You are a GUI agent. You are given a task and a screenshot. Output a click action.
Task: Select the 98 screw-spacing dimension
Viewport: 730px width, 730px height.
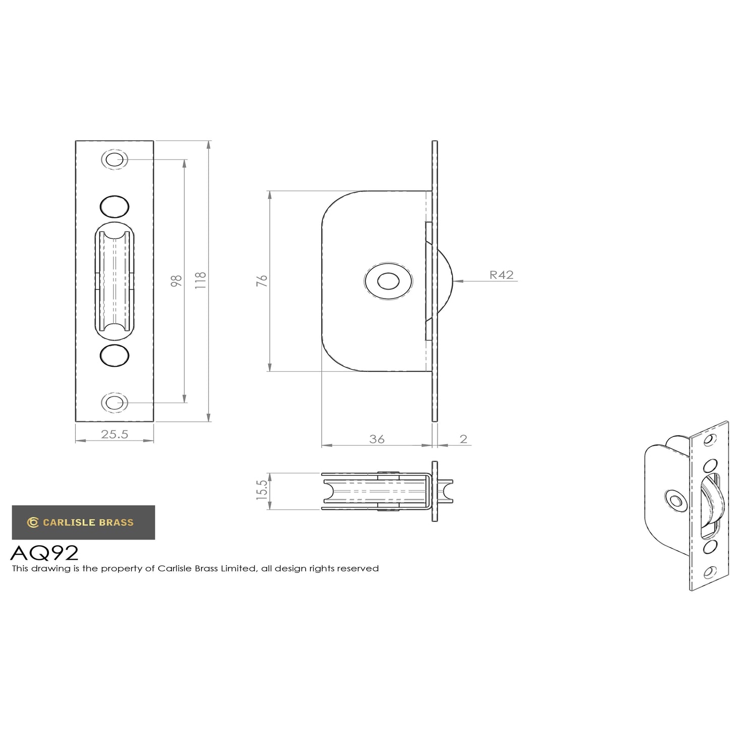click(176, 281)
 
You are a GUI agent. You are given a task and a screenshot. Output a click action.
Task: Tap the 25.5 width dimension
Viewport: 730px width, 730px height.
click(115, 434)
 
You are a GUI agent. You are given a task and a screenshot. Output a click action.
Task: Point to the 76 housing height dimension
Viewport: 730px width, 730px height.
click(262, 281)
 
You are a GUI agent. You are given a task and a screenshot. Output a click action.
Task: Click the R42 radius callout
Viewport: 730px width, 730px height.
click(501, 275)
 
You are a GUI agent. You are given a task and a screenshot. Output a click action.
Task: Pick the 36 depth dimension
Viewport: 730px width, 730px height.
click(377, 439)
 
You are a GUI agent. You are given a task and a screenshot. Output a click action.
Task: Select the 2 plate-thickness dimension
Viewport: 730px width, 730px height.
click(463, 439)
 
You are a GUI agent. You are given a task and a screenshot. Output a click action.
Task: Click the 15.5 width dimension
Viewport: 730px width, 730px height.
click(262, 491)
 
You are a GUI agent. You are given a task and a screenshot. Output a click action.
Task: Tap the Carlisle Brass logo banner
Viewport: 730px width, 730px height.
click(83, 522)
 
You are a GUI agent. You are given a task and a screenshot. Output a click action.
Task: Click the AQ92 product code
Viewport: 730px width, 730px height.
click(44, 553)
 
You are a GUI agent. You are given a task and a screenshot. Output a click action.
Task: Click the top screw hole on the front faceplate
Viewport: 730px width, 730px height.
click(115, 160)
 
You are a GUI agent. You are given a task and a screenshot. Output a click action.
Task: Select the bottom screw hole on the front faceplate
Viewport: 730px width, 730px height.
click(115, 403)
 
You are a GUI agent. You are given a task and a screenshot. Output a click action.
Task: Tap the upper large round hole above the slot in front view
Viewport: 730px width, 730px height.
click(115, 206)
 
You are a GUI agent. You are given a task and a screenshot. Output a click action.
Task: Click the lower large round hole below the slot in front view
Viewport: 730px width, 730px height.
click(115, 355)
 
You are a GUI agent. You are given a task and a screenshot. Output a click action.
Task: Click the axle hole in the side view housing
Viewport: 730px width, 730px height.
click(388, 281)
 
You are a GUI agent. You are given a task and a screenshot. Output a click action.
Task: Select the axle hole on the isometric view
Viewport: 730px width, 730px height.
click(673, 499)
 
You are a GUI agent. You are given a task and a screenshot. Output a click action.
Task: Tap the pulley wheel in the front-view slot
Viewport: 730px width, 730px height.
click(115, 281)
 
